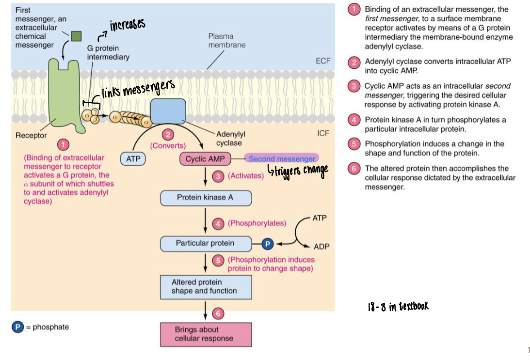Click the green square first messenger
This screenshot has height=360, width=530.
pyautogui.click(x=76, y=36)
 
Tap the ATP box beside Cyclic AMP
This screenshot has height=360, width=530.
pyautogui.click(x=133, y=159)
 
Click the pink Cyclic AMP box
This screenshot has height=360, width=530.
pyautogui.click(x=205, y=159)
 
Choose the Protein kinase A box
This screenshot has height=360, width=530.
pyautogui.click(x=206, y=198)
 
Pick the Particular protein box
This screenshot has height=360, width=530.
pyautogui.click(x=206, y=243)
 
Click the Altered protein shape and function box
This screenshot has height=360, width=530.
pyautogui.click(x=206, y=287)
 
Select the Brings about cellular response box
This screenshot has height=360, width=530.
pyautogui.click(x=206, y=334)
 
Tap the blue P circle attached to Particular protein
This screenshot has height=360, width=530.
pyautogui.click(x=268, y=244)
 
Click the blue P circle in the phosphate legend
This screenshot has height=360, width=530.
pyautogui.click(x=18, y=327)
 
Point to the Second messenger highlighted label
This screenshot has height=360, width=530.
pyautogui.click(x=282, y=159)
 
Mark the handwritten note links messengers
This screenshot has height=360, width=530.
pyautogui.click(x=138, y=90)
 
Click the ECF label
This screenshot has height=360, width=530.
pyautogui.click(x=323, y=61)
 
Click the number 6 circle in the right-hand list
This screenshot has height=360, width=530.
pyautogui.click(x=354, y=169)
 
